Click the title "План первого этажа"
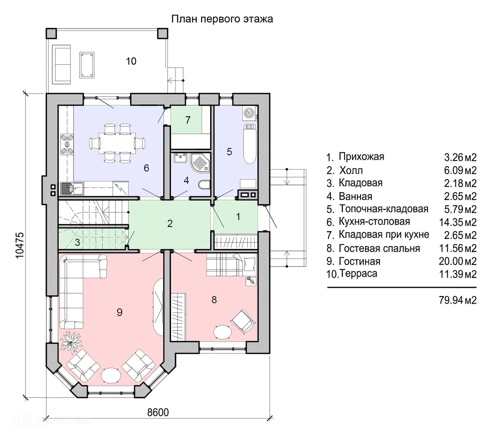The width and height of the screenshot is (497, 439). click(222, 19)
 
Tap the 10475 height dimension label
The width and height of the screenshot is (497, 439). click(20, 245)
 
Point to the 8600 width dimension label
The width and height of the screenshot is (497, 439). click(158, 413)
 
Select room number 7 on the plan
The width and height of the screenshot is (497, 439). click(188, 120)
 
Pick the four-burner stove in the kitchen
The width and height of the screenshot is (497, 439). click(67, 144)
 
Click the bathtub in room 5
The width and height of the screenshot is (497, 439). click(250, 144)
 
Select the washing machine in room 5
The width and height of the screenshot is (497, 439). click(250, 113)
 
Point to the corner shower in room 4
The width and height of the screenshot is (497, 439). click(200, 163)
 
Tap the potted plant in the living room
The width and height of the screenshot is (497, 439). click(71, 343)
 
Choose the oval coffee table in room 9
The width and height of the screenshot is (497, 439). click(111, 375)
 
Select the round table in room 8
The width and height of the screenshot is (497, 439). click(222, 332)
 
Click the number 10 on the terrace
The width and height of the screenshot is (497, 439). click(131, 61)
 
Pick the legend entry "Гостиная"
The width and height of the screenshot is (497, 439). click(359, 262)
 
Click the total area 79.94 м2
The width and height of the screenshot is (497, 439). click(458, 300)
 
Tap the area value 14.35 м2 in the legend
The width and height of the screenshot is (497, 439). click(458, 222)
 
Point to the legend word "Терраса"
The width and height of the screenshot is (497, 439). click(358, 274)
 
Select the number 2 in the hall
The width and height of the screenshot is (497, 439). click(170, 224)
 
